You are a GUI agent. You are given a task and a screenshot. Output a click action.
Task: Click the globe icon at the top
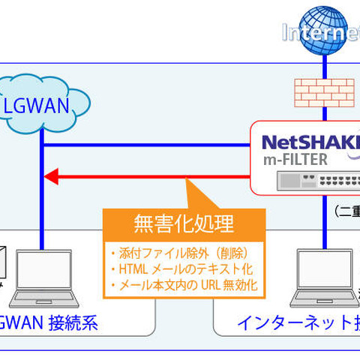[x=324, y=30]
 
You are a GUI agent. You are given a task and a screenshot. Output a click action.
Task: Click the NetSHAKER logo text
[x=307, y=140]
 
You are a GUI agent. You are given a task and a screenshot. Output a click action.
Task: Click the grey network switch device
[x=307, y=181]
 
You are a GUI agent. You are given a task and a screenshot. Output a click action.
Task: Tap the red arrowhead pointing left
[x=51, y=178]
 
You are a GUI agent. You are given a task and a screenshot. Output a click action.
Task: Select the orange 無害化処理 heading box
[x=183, y=223]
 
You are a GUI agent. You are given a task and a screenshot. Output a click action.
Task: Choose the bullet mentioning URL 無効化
[x=183, y=285]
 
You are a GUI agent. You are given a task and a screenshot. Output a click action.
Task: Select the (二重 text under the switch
[x=346, y=211]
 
